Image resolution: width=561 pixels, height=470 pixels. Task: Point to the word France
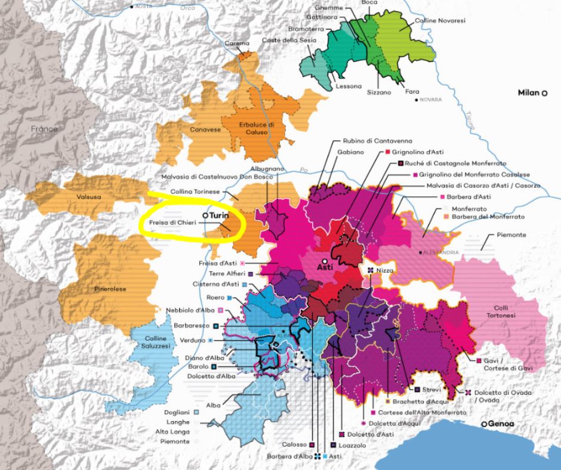[45, 128]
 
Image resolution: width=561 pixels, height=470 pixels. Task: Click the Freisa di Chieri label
[169, 224]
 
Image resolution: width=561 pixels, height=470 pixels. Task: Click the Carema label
[237, 44]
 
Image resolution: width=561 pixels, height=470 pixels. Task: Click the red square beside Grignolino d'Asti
[387, 152]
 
